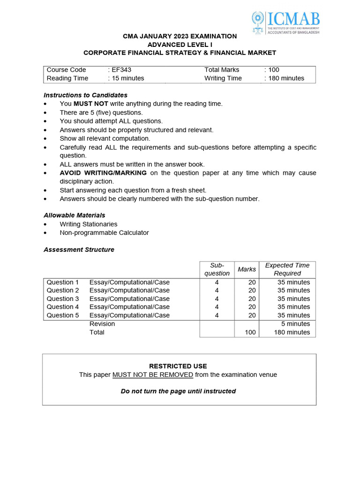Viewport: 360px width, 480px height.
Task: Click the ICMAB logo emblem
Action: point(258,22)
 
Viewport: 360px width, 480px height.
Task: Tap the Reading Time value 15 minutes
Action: point(127,78)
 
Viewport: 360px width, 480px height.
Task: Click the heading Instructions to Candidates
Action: point(85,95)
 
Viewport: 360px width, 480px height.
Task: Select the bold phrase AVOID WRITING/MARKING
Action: point(103,173)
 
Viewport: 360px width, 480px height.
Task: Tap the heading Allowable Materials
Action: point(75,216)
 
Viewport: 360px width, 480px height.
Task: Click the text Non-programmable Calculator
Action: point(104,232)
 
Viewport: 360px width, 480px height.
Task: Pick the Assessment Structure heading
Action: point(79,250)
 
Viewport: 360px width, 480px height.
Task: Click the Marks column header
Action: point(247,270)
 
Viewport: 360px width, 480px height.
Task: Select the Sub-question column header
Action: point(217,270)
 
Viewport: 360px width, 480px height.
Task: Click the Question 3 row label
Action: point(63,299)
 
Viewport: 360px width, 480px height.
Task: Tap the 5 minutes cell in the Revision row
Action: point(296,324)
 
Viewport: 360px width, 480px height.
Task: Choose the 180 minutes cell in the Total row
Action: point(292,332)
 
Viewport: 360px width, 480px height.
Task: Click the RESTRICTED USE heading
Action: point(178,366)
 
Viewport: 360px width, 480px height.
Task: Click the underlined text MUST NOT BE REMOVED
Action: point(153,375)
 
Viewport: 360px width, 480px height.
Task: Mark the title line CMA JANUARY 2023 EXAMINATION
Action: point(180,36)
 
